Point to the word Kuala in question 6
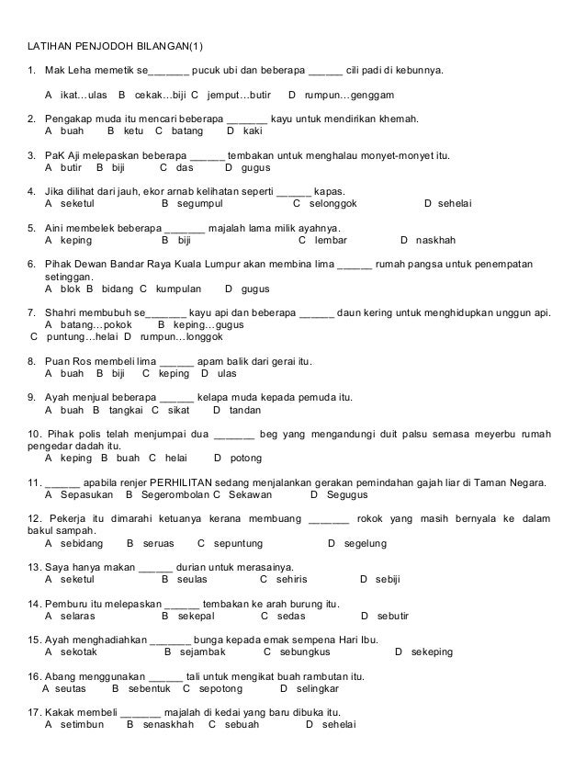205,265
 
